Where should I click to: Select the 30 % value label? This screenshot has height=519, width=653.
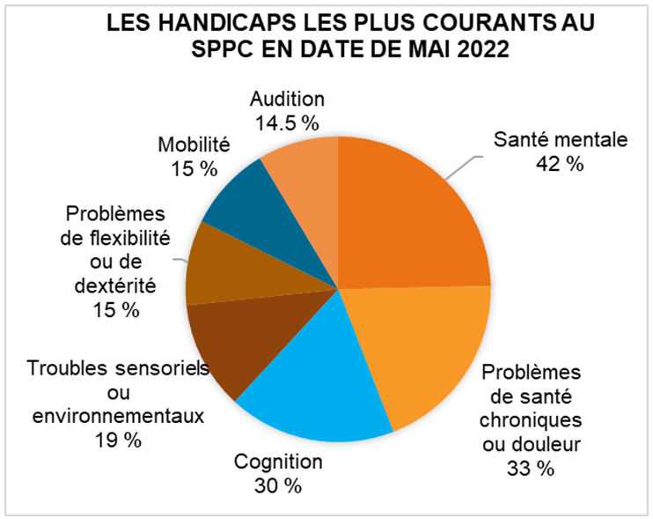[x=278, y=486]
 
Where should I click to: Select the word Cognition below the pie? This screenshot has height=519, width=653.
[x=278, y=462]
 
